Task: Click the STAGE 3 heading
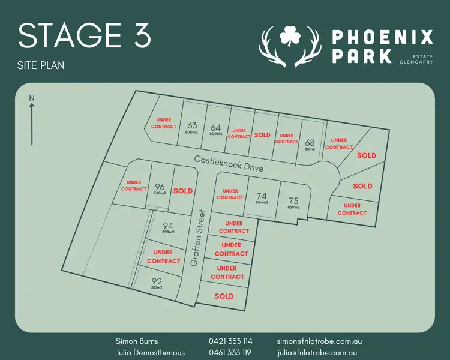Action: coord(85,37)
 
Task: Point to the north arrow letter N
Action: coord(32,98)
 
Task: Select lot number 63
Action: coord(192,126)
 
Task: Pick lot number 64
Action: coord(216,128)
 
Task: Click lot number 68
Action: coord(310,143)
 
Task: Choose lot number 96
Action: coord(160,187)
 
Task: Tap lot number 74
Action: coord(261,196)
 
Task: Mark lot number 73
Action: coord(293,201)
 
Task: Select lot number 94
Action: coord(168,226)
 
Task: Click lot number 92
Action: coord(157,281)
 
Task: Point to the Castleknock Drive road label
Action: coord(229,163)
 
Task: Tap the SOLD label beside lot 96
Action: coord(183,191)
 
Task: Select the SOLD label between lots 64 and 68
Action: coord(262,135)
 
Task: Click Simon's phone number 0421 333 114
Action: coord(231,341)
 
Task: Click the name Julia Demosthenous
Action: coord(150,353)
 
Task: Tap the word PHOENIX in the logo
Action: coord(382,38)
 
